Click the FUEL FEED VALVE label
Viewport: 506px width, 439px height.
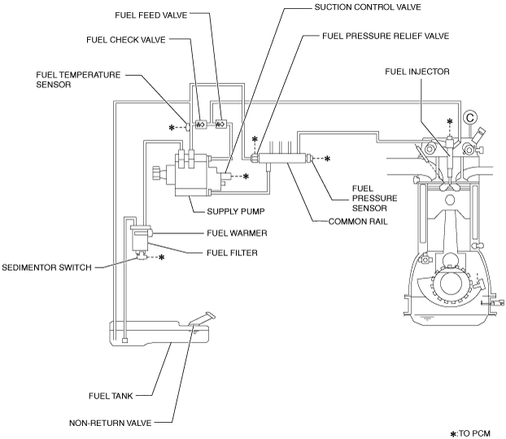(x=151, y=15)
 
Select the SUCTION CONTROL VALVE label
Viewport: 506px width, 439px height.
(x=368, y=7)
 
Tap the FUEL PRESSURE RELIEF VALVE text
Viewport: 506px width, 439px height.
(x=386, y=36)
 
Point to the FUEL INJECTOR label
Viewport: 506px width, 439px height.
(x=417, y=72)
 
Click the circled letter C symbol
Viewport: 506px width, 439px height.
(x=470, y=117)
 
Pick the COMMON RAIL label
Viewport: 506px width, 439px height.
(x=358, y=222)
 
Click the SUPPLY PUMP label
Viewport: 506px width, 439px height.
(x=236, y=211)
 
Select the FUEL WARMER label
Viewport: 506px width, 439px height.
(x=237, y=233)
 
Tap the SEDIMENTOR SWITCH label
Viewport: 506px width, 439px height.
(x=47, y=267)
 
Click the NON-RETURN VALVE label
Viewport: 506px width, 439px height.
(x=111, y=423)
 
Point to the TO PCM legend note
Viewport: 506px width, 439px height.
(x=470, y=433)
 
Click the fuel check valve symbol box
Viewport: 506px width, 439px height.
(x=200, y=124)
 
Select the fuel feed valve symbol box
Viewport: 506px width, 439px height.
(x=220, y=124)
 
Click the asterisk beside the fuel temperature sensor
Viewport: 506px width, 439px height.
(x=172, y=128)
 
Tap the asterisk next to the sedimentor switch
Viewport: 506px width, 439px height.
(x=161, y=257)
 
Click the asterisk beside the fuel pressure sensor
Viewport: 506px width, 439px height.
(x=327, y=159)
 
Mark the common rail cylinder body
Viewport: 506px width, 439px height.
(x=281, y=158)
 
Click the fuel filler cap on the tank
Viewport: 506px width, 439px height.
(x=210, y=315)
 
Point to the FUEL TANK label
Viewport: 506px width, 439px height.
(x=111, y=396)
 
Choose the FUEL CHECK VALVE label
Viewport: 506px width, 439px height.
(x=126, y=40)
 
